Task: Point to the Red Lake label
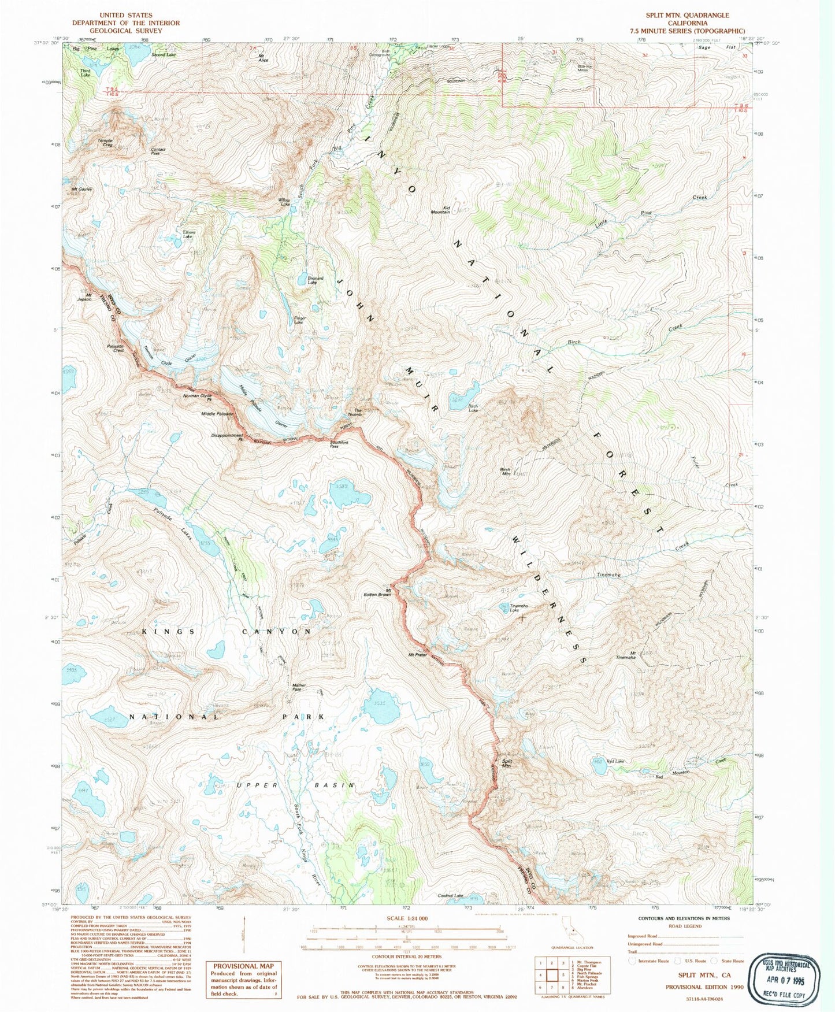click(615, 761)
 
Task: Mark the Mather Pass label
click(299, 687)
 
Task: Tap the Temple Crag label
click(105, 142)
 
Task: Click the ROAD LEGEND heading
click(685, 926)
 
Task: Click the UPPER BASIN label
click(296, 785)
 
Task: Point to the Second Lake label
click(163, 55)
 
